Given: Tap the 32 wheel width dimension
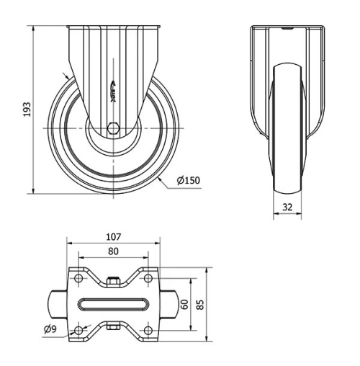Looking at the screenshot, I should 287,206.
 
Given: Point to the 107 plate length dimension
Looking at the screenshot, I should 113,236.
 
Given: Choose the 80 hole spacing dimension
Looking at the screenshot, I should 113,252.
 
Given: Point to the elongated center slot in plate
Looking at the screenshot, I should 113,305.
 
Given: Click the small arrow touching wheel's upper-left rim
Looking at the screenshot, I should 68,78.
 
